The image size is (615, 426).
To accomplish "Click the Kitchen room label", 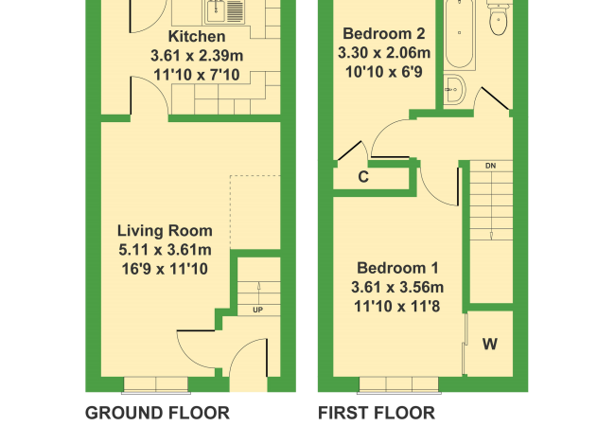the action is [x=197, y=37].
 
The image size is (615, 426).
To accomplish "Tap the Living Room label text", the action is [x=166, y=231].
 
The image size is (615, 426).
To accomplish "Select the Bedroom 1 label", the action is [x=397, y=268].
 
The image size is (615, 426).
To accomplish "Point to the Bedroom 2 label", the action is [x=384, y=34].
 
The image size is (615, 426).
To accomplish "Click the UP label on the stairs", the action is [x=257, y=310].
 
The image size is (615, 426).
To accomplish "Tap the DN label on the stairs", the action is [x=491, y=166].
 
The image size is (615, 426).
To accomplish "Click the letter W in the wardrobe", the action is [x=490, y=344].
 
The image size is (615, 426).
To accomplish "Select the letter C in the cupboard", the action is [x=363, y=177].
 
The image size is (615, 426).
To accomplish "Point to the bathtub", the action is [x=459, y=34].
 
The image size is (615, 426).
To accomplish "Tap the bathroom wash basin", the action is [x=454, y=90].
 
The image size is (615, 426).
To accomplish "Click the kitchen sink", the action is [x=224, y=11].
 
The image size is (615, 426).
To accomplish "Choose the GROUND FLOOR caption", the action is [x=157, y=413].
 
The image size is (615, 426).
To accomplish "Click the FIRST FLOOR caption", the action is [x=377, y=413].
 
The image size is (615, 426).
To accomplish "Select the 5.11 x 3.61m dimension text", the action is [x=166, y=250].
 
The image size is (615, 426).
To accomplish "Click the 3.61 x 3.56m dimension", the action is [x=397, y=287].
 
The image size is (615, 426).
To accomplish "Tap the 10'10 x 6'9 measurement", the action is [x=384, y=72].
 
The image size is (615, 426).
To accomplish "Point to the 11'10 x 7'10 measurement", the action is [x=197, y=75].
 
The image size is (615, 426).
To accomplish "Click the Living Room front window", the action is [x=156, y=385].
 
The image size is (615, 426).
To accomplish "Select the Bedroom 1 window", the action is [x=399, y=385].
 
